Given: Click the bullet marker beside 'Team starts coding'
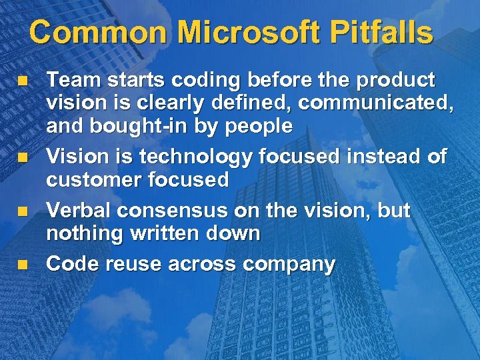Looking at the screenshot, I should pyautogui.click(x=22, y=81).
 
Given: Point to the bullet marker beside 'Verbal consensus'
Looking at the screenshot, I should pyautogui.click(x=22, y=211).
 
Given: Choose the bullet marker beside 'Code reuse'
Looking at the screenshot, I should pyautogui.click(x=22, y=264).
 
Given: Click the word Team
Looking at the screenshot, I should pyautogui.click(x=70, y=81).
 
